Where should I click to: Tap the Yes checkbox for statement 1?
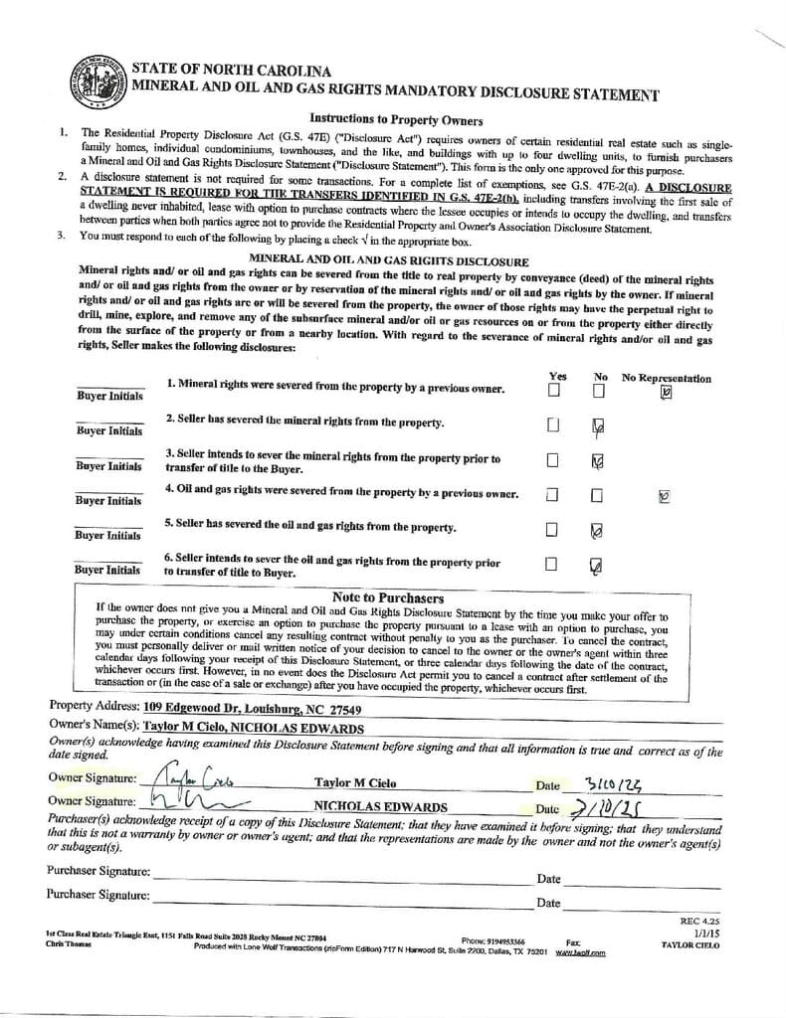553,390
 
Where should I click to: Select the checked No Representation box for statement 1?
666,391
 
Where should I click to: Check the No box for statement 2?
597,426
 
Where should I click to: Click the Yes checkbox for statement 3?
552,460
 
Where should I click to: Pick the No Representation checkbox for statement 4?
665,495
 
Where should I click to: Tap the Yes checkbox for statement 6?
551,565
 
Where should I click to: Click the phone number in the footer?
506,940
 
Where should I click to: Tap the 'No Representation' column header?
666,378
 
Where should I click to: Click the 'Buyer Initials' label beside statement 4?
108,500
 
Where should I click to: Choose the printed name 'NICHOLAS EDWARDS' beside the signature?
380,806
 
